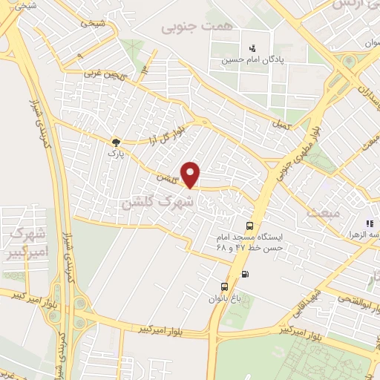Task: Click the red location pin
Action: [x=191, y=174]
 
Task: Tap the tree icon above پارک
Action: [x=115, y=141]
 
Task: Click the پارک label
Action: [x=114, y=153]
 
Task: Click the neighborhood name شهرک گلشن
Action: [x=158, y=201]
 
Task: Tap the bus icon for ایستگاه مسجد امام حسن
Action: [x=250, y=226]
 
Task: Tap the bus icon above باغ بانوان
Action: [x=223, y=286]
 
